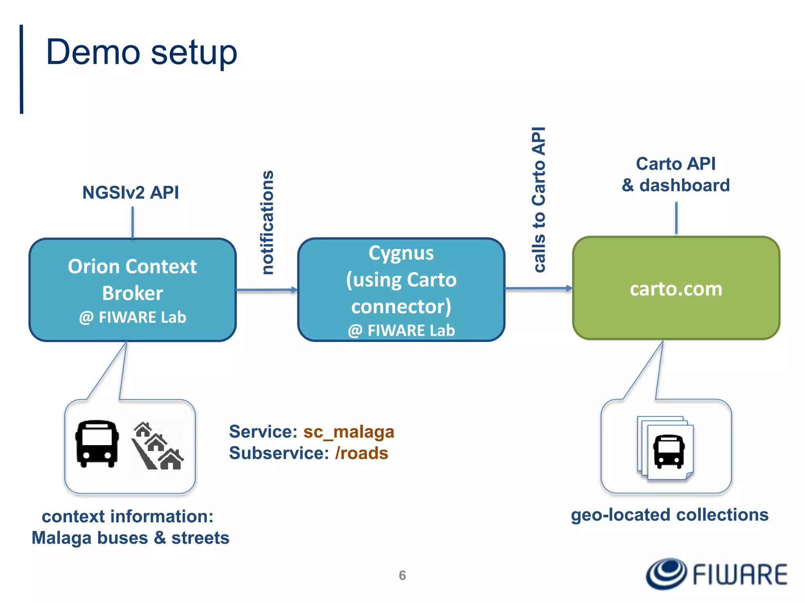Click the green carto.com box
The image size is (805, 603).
point(676,289)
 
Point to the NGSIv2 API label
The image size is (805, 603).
point(130,192)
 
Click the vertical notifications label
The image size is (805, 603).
point(268,222)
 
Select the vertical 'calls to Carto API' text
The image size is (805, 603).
point(539,199)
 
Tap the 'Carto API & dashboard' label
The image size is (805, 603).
point(676,174)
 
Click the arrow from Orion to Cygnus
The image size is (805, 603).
point(266,290)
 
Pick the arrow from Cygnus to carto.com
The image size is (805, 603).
point(538,289)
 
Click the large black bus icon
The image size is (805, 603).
point(97,444)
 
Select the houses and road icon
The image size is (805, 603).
point(158,446)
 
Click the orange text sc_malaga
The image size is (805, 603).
point(349,432)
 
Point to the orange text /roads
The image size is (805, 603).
point(362,453)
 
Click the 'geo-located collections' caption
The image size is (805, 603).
point(669,515)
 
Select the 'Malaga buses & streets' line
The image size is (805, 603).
point(130,538)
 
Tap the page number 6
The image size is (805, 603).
point(402,576)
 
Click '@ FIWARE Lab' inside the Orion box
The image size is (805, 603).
point(132,317)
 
